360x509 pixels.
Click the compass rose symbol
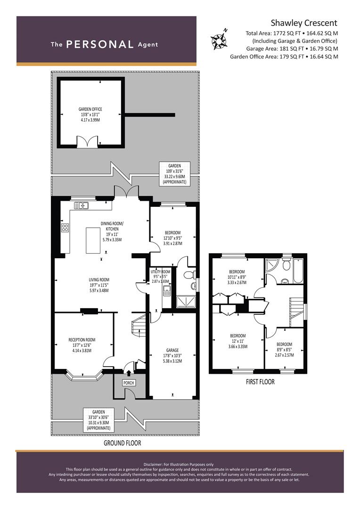coord(219,40)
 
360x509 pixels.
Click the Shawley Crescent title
coord(304,23)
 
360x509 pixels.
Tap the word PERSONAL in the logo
coord(99,44)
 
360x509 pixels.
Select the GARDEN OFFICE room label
coord(90,109)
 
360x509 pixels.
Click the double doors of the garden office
coord(87,142)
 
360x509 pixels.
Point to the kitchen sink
coord(81,205)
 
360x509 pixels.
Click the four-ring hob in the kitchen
coord(65,228)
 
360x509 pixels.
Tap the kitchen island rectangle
coord(93,240)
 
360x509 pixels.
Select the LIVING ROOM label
coord(99,279)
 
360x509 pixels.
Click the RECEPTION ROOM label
coord(82,340)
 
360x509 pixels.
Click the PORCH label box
coord(129,383)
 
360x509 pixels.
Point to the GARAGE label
coord(172,350)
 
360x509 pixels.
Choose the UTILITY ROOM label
coord(160,272)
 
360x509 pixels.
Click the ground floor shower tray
coord(186,302)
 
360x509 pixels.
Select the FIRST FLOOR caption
coord(260,382)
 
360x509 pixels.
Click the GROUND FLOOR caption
coord(123,443)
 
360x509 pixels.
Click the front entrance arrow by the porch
coord(129,373)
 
